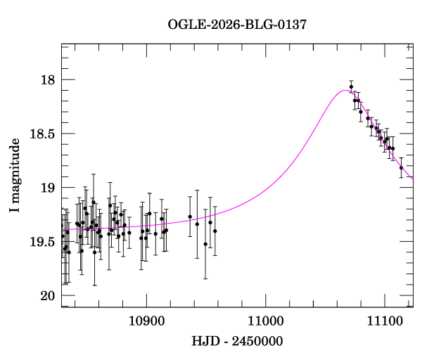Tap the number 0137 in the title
point(291,25)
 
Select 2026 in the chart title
point(224,25)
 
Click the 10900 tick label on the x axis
point(146,319)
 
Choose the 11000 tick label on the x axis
point(265,319)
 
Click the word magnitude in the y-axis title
point(14,168)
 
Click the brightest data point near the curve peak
point(351,86)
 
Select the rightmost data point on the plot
point(402,168)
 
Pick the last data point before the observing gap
point(215,231)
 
